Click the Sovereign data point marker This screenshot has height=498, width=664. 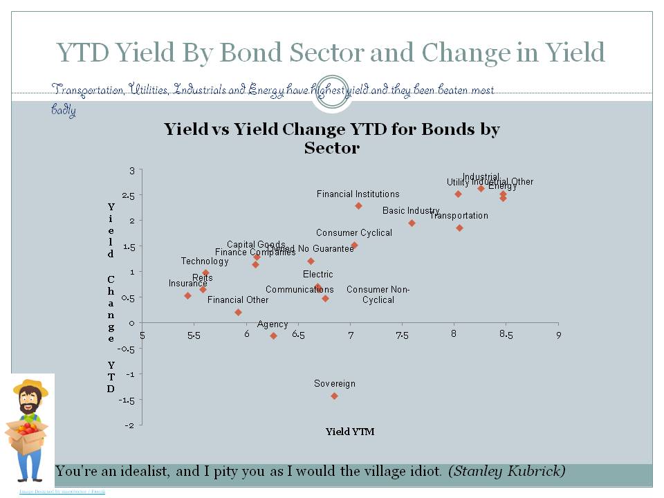coord(334,396)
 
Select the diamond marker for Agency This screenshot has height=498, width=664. coord(273,336)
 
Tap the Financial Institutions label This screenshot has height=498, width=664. coord(358,194)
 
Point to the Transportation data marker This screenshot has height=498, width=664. coord(459,228)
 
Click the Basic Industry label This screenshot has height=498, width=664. coord(411,210)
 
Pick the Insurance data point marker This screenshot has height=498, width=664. coord(187,295)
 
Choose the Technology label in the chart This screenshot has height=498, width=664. coord(205,261)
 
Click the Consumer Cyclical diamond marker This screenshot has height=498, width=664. coord(355,246)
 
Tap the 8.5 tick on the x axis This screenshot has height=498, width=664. coord(506,335)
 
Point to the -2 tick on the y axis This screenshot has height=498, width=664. coord(130,425)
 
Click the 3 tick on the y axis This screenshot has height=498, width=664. coord(132,170)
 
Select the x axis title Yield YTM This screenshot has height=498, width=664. coord(350,432)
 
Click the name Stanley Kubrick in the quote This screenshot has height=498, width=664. coord(506,472)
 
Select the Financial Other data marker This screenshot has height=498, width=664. coord(238,312)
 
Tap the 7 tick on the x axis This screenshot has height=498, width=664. coord(350,335)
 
